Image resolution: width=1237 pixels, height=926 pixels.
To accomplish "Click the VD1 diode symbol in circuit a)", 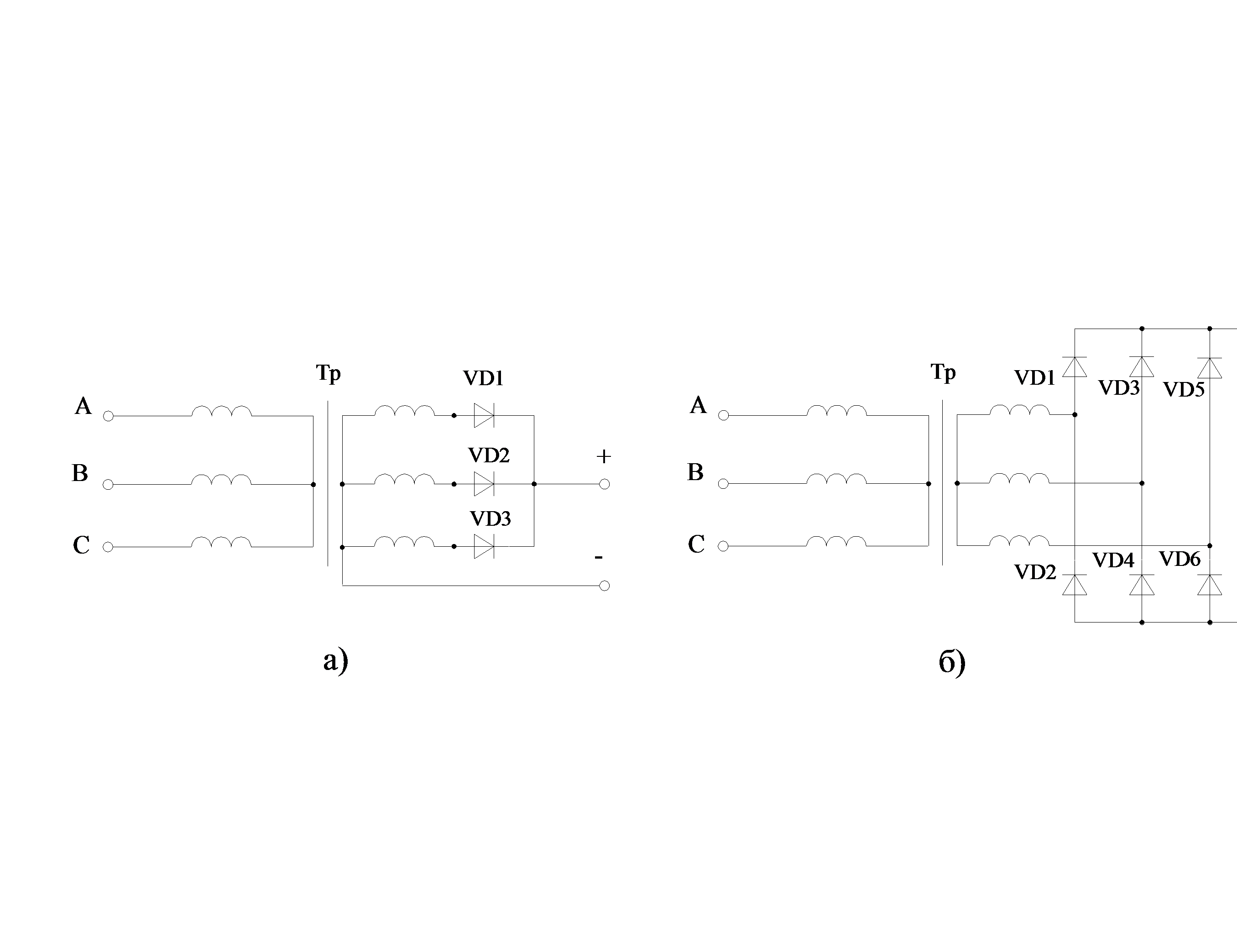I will point(484,415).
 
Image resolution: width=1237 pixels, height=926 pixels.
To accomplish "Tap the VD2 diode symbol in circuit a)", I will point(484,484).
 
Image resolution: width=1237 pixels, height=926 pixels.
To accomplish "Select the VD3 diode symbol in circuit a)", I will point(484,546).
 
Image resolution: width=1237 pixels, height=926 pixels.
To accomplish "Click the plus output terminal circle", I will point(604,484).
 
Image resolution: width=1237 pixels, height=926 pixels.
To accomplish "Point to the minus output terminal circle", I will point(604,586).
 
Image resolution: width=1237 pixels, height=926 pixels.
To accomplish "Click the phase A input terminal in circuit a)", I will point(109,416).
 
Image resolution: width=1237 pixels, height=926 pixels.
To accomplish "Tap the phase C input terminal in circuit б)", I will point(723,546).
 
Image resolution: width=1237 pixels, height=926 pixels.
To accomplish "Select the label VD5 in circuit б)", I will point(1183,390).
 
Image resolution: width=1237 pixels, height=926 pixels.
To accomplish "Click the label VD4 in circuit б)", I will point(1113,560).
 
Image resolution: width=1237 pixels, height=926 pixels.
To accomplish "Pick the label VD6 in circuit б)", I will point(1180,559).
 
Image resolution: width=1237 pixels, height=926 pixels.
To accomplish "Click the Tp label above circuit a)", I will point(328,373).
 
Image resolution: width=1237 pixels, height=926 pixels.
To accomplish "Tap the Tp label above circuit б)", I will point(943,372).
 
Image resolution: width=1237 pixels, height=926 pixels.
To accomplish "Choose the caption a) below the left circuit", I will point(335,660).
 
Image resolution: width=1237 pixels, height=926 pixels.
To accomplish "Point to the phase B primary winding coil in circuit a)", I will point(221,480).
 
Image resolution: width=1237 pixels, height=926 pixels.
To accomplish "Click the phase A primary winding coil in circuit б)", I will point(836,411).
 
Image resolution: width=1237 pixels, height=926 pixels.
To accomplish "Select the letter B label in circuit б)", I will point(695,472).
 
